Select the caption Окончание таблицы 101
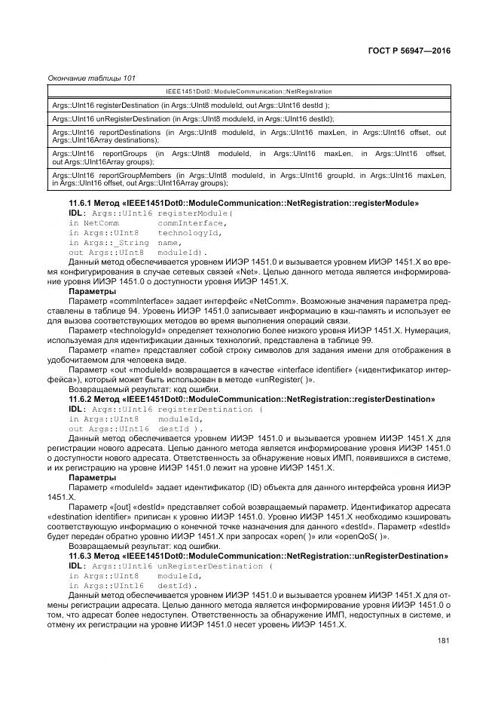pyautogui.click(x=91, y=78)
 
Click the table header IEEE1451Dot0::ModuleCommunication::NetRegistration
pyautogui.click(x=249, y=91)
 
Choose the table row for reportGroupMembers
pyautogui.click(x=249, y=179)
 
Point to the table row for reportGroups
pyautogui.click(x=249, y=157)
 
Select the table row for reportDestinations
pyautogui.click(x=249, y=136)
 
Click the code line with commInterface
pyautogui.click(x=147, y=222)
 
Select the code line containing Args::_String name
pyautogui.click(x=126, y=242)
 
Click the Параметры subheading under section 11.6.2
pyautogui.click(x=92, y=477)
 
